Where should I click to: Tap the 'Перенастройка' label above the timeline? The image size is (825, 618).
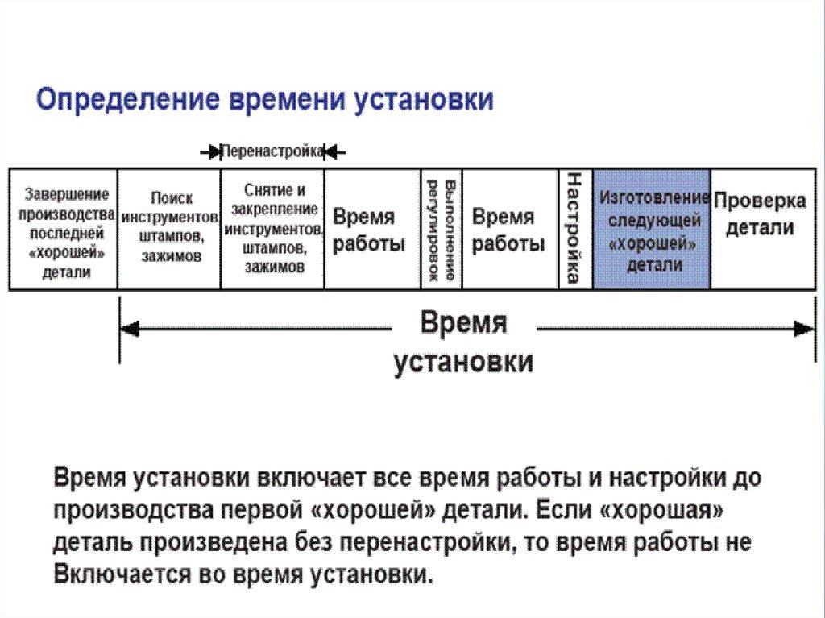pyautogui.click(x=272, y=151)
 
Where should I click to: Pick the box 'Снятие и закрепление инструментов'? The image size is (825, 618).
pyautogui.click(x=273, y=228)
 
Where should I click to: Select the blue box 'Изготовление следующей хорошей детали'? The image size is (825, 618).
pyautogui.click(x=652, y=230)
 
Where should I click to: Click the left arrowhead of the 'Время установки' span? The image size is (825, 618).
pyautogui.click(x=130, y=329)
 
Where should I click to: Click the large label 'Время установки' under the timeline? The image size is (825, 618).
pyautogui.click(x=463, y=342)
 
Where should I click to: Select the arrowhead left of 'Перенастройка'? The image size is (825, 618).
pyautogui.click(x=214, y=151)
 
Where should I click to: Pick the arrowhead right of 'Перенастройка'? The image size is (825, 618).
pyautogui.click(x=332, y=151)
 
